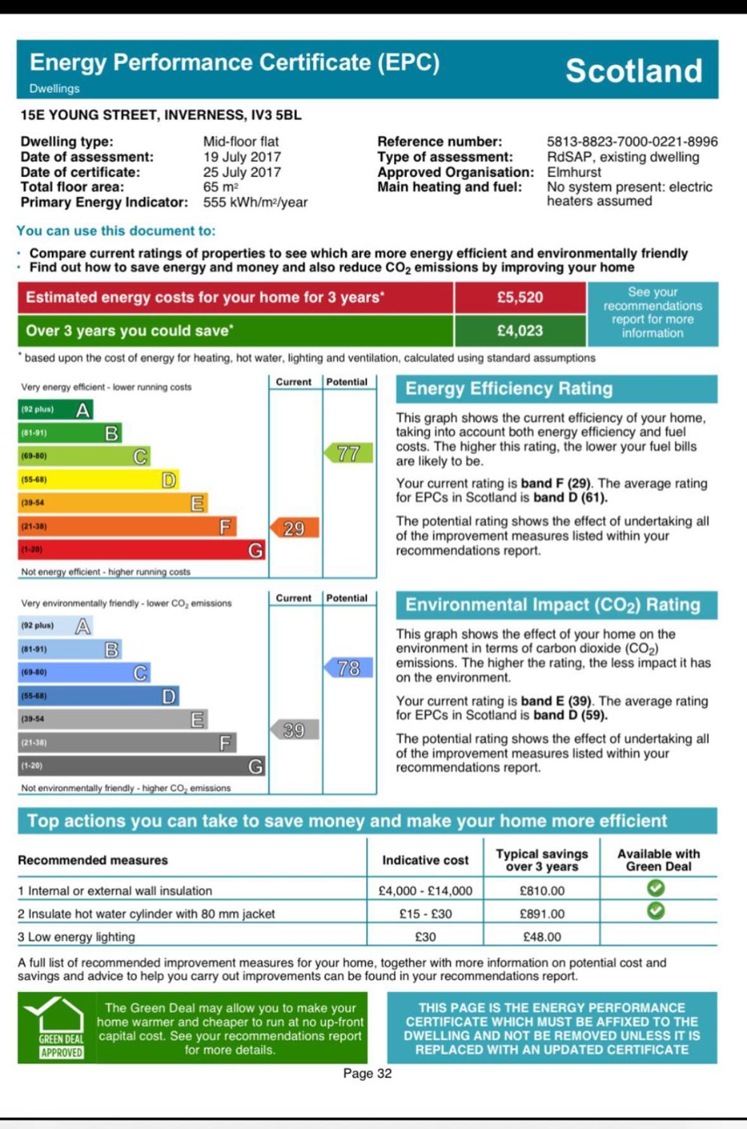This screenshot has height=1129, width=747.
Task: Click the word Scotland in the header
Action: coord(634,70)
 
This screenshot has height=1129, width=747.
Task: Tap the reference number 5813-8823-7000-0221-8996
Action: coord(632,141)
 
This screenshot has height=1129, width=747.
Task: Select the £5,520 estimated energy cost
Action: coord(520,297)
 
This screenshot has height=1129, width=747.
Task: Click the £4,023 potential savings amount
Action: coord(520,330)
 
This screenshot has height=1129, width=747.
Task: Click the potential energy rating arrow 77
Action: coord(348,453)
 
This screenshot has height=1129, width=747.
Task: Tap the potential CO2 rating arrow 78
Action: coord(348,668)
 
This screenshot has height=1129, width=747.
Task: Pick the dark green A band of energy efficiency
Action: coord(56,410)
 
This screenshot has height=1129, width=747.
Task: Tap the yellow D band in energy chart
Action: coord(98,480)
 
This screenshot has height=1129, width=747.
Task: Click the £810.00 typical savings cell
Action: coord(542,891)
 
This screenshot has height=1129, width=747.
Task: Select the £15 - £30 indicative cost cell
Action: coord(425,913)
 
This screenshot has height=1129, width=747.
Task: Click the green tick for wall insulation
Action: coord(656,888)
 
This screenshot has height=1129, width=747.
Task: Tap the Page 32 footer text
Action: coord(367,1073)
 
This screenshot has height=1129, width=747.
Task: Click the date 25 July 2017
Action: coord(242,172)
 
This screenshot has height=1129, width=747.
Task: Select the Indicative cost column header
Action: coord(425,860)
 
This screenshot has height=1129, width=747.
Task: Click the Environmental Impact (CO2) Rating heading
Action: coord(552,605)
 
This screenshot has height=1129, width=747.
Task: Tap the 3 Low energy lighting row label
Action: coord(77,937)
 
